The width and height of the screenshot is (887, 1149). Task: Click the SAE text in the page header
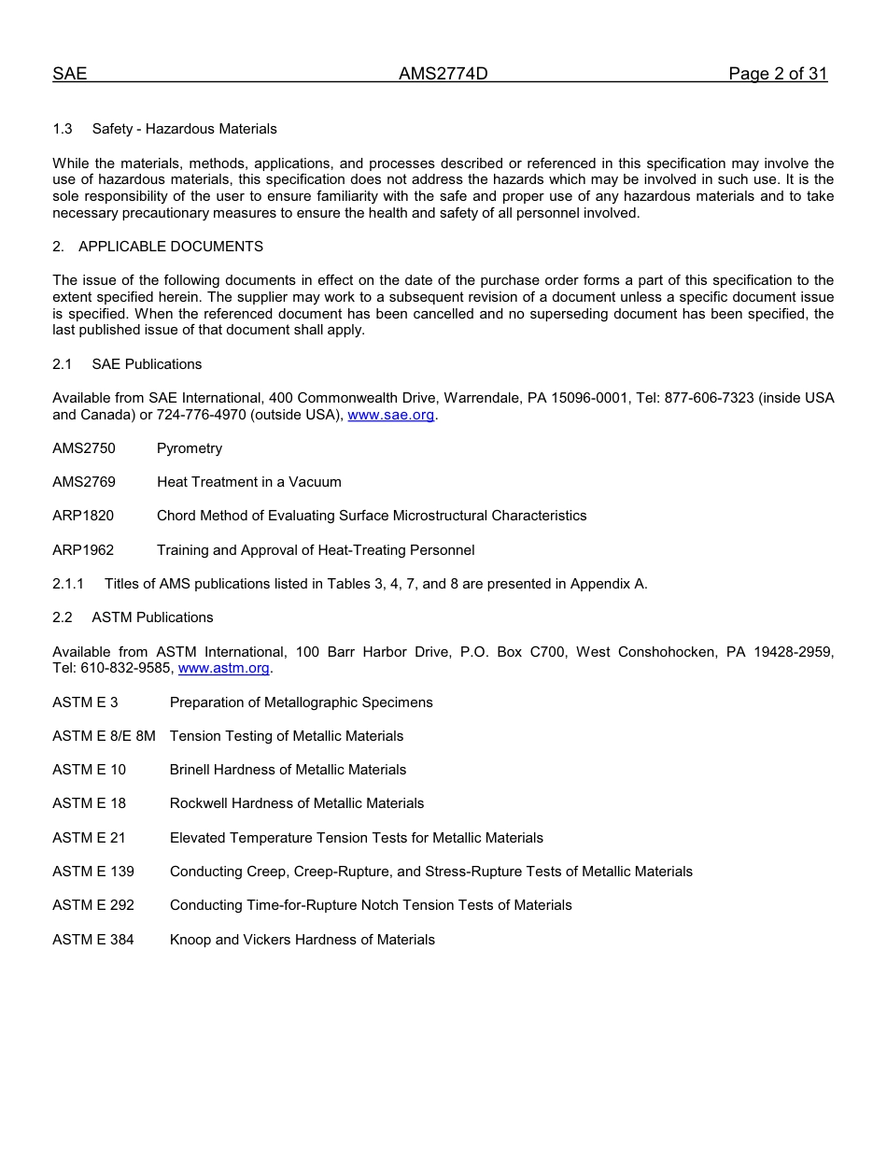[69, 75]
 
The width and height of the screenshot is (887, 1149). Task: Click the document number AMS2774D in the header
[443, 75]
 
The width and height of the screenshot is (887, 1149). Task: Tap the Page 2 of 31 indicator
[778, 75]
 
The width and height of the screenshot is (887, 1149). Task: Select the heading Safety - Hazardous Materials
[184, 129]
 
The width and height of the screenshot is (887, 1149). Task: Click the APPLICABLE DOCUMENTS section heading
[170, 247]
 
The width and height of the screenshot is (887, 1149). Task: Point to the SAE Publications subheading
[147, 364]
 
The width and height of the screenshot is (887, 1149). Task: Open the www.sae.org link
[390, 415]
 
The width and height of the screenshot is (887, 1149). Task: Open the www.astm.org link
[223, 669]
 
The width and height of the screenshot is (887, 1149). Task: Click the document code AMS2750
[84, 448]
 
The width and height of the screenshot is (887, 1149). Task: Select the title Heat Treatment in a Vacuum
[248, 482]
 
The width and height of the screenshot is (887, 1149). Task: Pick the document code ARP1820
[83, 516]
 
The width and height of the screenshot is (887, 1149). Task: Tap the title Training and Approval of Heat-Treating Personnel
[316, 550]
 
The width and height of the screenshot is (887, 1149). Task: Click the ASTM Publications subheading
[152, 617]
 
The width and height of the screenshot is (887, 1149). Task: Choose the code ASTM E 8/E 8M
[104, 736]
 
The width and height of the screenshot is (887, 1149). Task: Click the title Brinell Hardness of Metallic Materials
[288, 770]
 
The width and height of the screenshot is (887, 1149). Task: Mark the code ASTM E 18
[89, 803]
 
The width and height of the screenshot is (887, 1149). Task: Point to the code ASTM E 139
[93, 872]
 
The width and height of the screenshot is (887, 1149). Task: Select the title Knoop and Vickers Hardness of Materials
[302, 940]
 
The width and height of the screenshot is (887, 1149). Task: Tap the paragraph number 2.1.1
[68, 584]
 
